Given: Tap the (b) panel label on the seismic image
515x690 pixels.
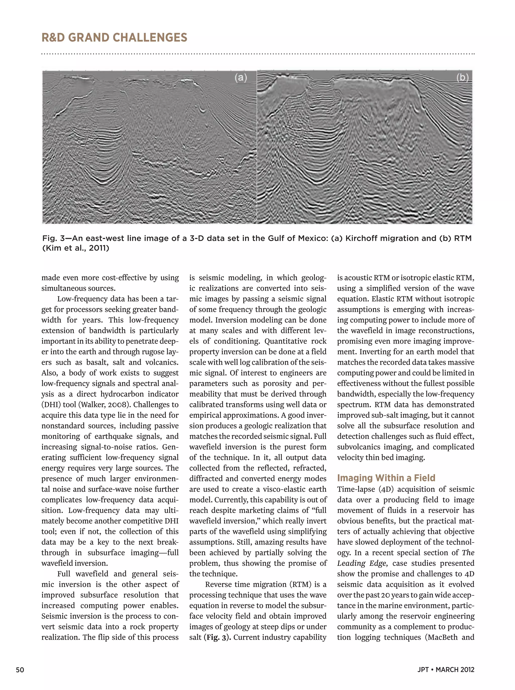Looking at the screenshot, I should [x=462, y=77].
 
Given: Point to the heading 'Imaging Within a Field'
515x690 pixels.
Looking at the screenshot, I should [x=386, y=478].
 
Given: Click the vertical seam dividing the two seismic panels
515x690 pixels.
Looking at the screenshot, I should [x=257, y=147].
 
